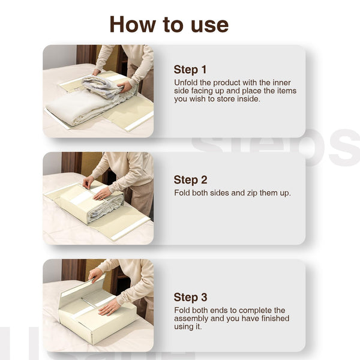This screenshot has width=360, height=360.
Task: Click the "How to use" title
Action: click(x=169, y=25)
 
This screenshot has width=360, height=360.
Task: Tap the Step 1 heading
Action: click(x=190, y=70)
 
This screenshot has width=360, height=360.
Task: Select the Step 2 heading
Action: click(x=190, y=180)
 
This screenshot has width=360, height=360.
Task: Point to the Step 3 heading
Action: click(x=190, y=297)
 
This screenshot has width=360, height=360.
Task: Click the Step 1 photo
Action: click(x=98, y=91)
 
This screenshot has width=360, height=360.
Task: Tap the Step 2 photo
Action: click(x=98, y=198)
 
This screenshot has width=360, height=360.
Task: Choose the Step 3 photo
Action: click(x=98, y=305)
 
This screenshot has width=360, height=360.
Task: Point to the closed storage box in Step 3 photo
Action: click(x=99, y=321)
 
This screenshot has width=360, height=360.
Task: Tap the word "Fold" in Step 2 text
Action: click(x=182, y=193)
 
